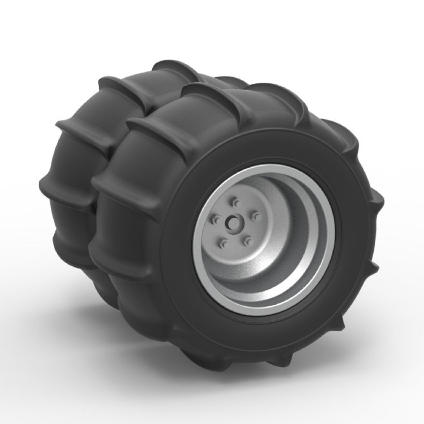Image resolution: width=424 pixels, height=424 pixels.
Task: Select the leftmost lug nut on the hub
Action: tap(214, 217)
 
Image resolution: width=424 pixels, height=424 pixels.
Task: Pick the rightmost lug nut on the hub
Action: tap(255, 215)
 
